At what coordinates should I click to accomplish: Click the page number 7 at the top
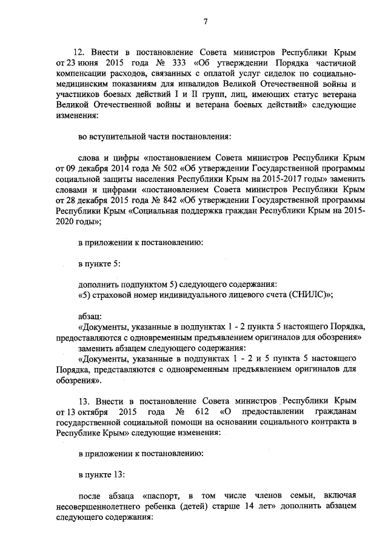(x=206, y=22)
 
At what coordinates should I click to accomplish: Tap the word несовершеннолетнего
(x=103, y=505)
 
